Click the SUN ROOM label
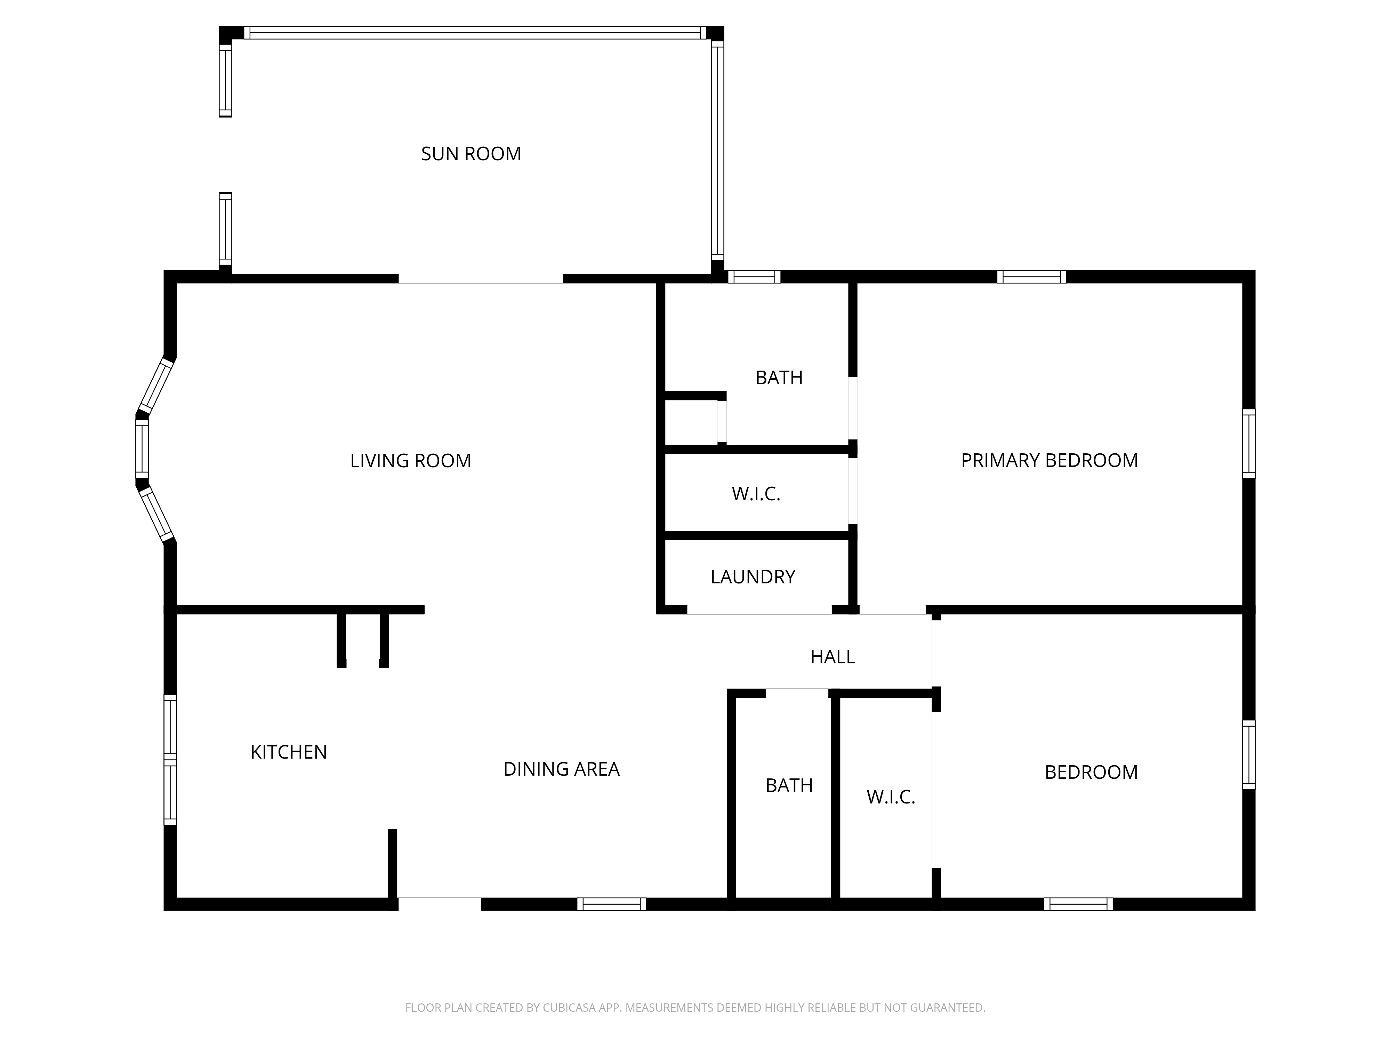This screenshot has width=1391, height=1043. tap(471, 154)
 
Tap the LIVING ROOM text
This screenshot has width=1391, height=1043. tap(411, 461)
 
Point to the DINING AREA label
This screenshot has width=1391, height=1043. tap(562, 769)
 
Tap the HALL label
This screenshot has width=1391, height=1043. tap(833, 657)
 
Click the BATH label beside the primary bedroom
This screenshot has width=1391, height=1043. tap(779, 378)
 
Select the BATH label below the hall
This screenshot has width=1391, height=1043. tap(789, 785)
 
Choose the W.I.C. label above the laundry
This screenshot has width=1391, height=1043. tap(756, 494)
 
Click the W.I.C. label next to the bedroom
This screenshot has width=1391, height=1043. tap(891, 797)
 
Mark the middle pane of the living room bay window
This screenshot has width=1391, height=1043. tap(143, 449)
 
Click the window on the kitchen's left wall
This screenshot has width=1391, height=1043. tap(170, 759)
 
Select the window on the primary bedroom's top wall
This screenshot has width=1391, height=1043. tap(1031, 277)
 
